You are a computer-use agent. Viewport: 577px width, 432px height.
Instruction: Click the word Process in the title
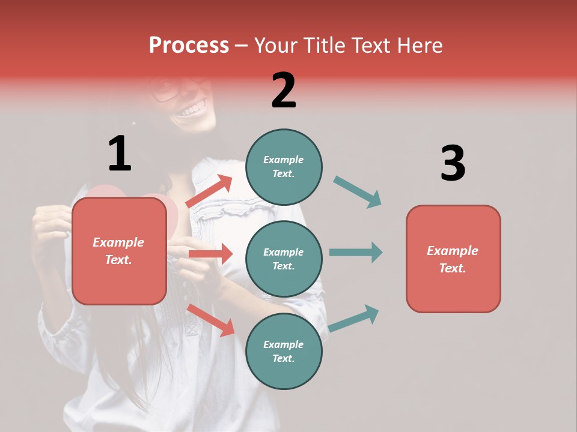click(x=189, y=46)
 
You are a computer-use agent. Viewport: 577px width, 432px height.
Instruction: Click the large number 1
click(x=120, y=154)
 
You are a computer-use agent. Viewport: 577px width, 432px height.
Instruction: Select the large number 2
click(x=284, y=91)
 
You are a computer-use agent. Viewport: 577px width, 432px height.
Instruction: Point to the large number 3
click(x=453, y=163)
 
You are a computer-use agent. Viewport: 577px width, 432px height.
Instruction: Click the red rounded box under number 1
click(x=119, y=251)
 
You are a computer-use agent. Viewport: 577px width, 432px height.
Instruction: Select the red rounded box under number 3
click(x=453, y=259)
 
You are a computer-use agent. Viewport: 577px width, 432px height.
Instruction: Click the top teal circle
click(x=284, y=167)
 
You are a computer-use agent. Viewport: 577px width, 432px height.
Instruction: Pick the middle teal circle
click(x=284, y=259)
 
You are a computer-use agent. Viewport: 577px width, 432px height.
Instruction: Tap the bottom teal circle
click(x=284, y=351)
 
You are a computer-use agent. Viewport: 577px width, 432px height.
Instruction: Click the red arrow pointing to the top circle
click(x=210, y=191)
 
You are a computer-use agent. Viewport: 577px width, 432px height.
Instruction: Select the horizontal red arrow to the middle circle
click(x=210, y=254)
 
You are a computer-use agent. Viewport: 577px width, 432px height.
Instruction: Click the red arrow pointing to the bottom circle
click(x=211, y=320)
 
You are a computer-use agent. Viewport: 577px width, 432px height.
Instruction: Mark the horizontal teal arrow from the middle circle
click(x=356, y=252)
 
